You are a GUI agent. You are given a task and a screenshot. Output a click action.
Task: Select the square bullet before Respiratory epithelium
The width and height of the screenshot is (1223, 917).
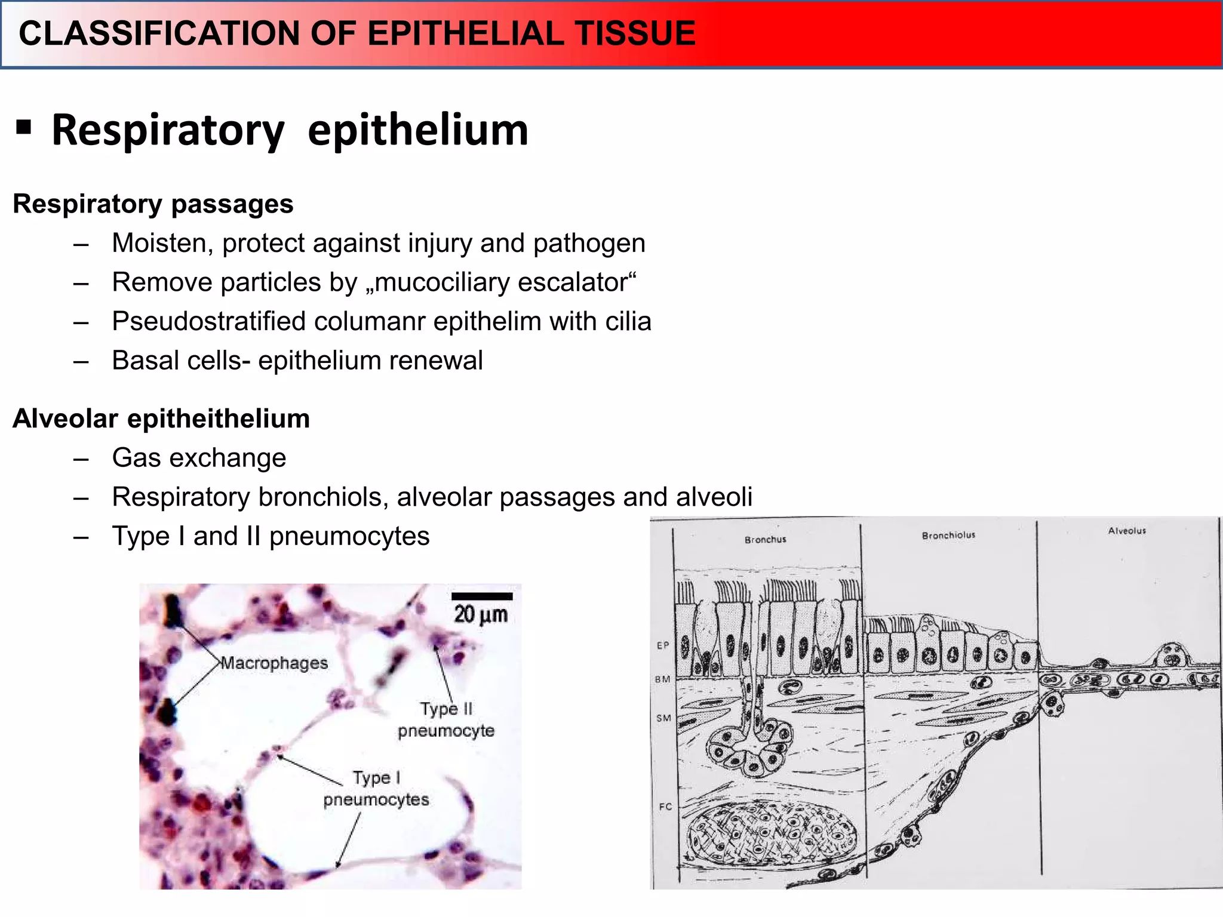coord(24,127)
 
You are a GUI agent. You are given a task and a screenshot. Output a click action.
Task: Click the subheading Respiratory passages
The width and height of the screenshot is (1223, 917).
coord(153,204)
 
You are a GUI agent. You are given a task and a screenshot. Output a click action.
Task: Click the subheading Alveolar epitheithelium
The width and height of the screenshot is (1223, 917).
coord(161,419)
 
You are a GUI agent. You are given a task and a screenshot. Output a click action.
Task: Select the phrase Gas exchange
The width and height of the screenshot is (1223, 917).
coord(199,458)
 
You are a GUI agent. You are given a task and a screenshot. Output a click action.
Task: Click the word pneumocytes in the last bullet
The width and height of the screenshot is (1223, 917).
coord(349,536)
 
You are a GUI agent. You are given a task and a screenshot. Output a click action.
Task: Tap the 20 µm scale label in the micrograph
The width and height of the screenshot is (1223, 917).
coord(481,614)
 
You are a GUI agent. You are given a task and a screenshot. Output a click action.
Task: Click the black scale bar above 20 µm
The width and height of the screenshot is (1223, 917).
coord(482,596)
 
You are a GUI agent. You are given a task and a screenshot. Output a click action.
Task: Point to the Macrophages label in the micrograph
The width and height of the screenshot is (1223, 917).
coord(274,663)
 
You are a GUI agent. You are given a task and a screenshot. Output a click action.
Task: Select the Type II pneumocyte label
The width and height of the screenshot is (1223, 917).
coord(446,719)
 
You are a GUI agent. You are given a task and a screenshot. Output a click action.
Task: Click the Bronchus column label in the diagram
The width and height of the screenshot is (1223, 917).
coord(765,540)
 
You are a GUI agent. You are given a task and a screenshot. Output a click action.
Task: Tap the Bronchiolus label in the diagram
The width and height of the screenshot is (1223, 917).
coord(948,536)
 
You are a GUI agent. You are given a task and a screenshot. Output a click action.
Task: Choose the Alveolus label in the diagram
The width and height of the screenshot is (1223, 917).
coord(1127,531)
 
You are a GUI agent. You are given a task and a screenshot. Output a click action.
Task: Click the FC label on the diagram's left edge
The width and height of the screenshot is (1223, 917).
coord(665,807)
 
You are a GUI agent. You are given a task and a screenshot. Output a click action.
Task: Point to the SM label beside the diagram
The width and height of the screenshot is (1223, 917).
coord(663,718)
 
